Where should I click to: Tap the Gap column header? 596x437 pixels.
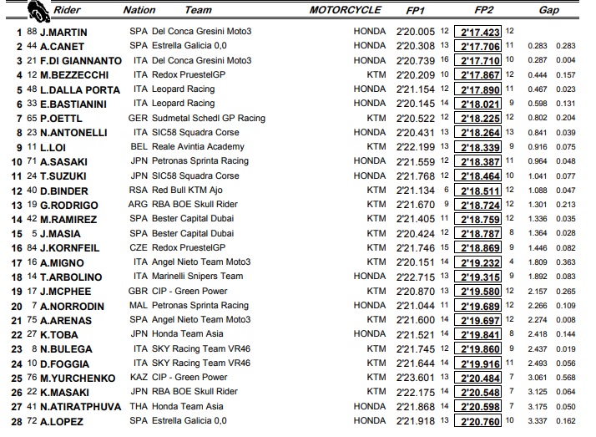coord(548,11)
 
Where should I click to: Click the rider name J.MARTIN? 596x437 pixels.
coord(63,32)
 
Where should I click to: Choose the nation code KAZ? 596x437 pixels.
coord(139,377)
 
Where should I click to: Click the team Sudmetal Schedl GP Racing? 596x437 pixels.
coord(209,118)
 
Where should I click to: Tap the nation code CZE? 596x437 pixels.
coord(139,247)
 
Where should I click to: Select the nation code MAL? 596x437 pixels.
coord(139,305)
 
